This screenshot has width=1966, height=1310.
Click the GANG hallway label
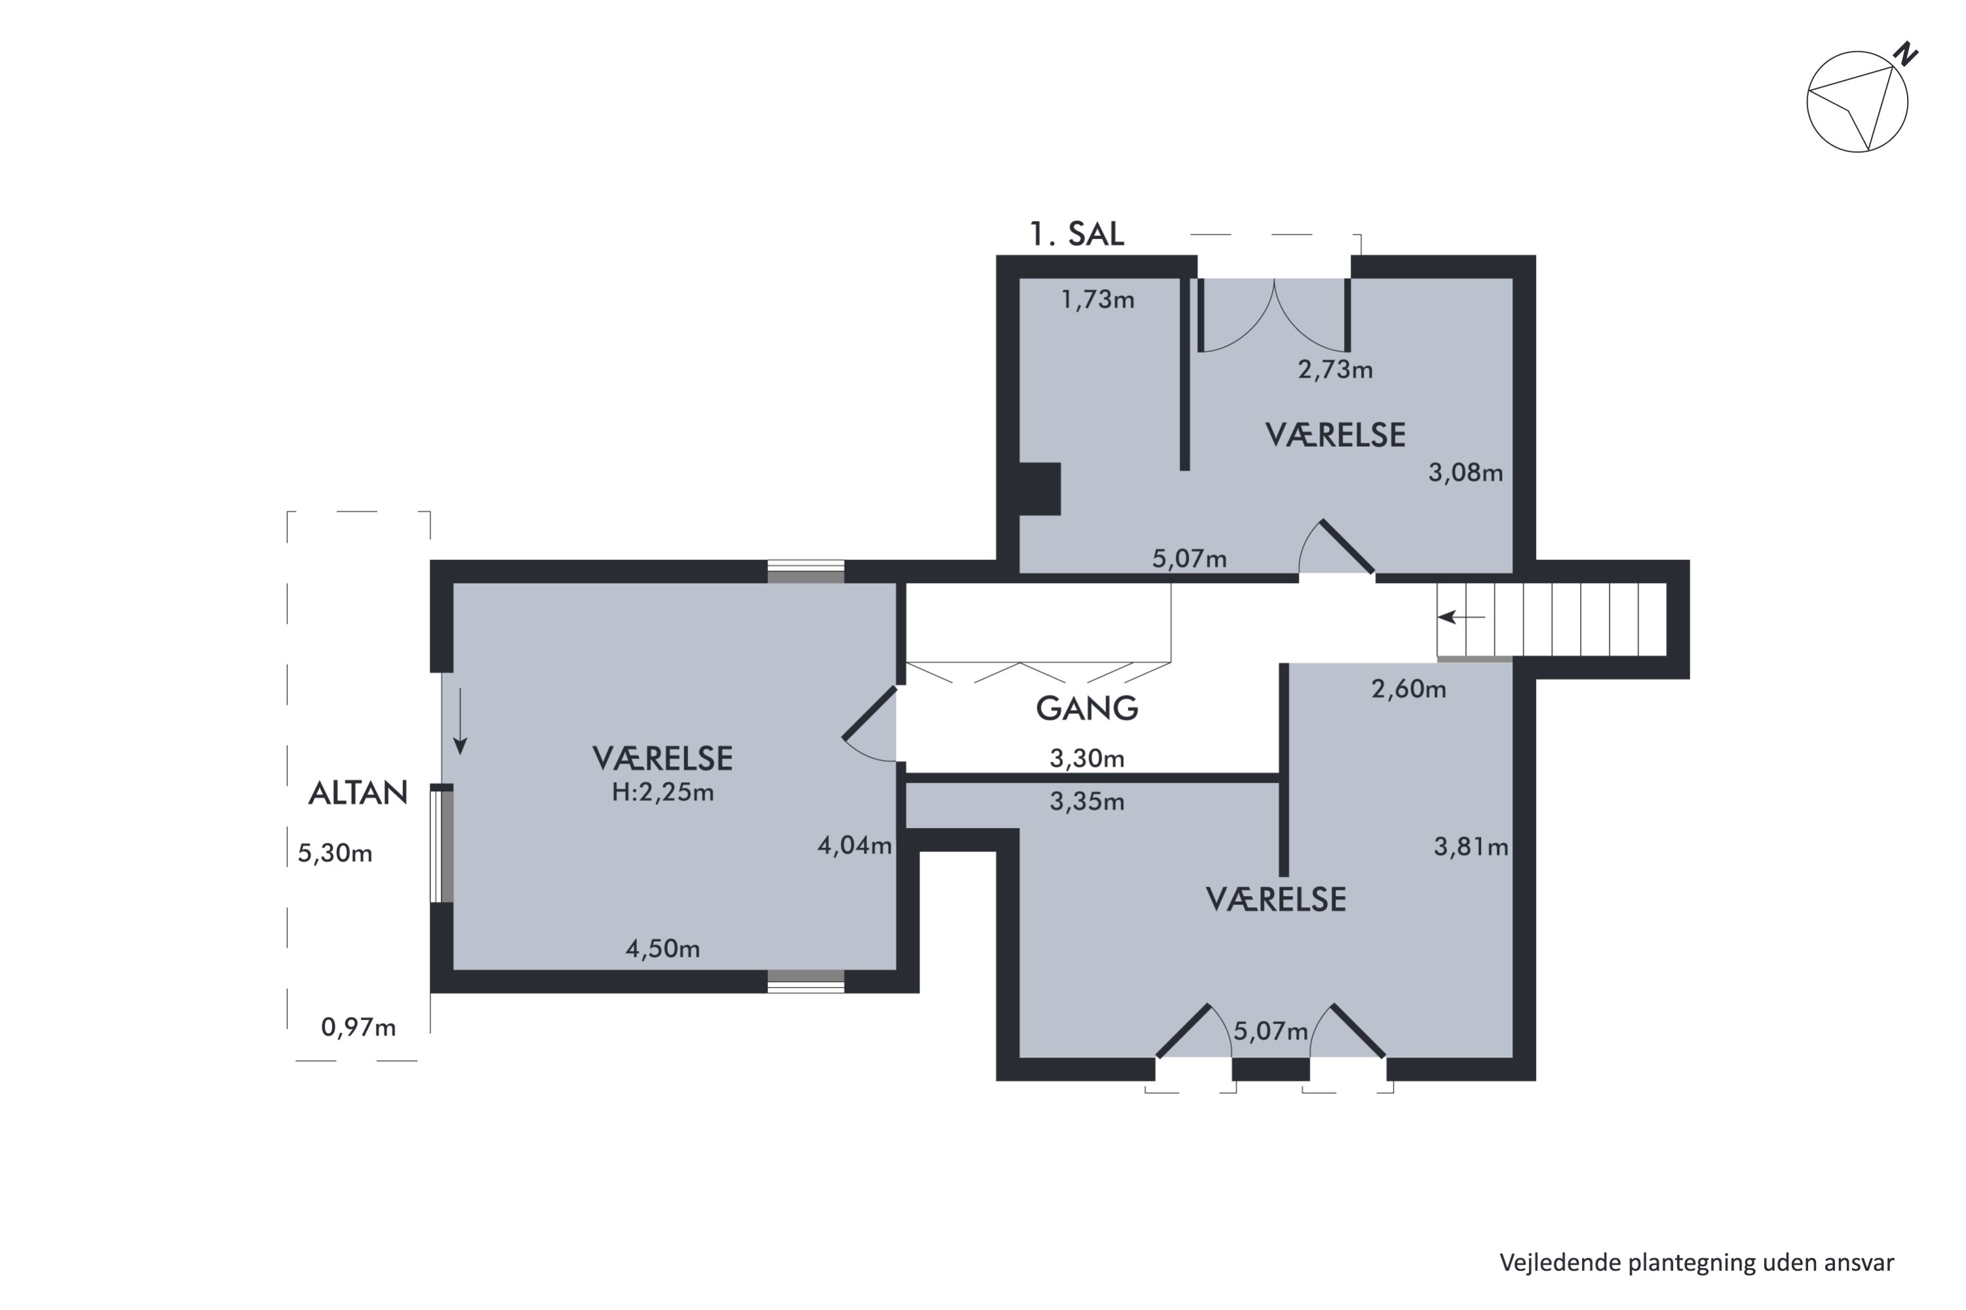1087,709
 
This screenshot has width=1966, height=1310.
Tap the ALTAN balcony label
358,792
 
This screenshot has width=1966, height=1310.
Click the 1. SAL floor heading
1077,234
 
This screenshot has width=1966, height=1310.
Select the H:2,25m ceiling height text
663,792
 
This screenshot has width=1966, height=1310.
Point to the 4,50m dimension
663,948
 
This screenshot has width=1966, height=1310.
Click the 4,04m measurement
855,846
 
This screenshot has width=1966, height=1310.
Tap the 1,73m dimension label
1098,299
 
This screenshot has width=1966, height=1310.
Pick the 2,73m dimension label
1335,369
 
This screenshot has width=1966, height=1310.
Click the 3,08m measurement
1465,473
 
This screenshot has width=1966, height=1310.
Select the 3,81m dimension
1471,847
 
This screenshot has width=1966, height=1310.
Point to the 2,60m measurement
1408,688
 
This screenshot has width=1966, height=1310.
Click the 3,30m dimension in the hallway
1087,758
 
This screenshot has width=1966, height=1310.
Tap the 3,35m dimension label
1087,802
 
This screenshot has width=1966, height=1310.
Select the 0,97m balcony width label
358,1027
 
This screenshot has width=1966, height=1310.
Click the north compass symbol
1860,99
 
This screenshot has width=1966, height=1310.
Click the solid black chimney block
1039,489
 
